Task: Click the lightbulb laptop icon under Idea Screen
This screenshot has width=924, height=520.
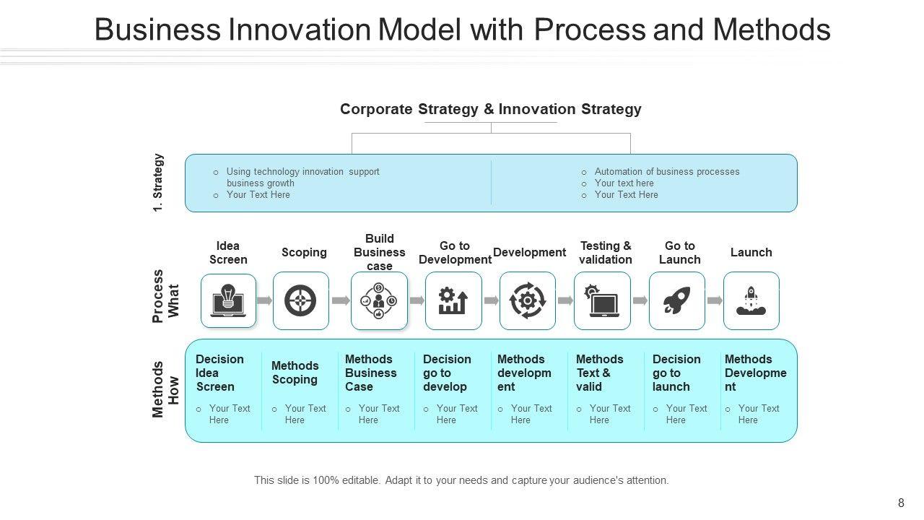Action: pyautogui.click(x=228, y=300)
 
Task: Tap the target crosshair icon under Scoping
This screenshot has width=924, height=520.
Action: pyautogui.click(x=300, y=300)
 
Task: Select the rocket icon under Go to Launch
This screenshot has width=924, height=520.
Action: pyautogui.click(x=676, y=300)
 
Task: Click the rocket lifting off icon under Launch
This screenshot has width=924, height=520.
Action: pyautogui.click(x=751, y=301)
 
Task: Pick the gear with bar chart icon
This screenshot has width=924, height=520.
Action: pyautogui.click(x=453, y=301)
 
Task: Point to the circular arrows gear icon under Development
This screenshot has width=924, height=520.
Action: pyautogui.click(x=528, y=300)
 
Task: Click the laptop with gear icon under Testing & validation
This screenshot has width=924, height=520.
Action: pyautogui.click(x=602, y=301)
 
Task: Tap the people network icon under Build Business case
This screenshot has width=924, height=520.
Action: pyautogui.click(x=379, y=301)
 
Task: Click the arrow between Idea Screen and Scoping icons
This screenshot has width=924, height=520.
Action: pyautogui.click(x=264, y=300)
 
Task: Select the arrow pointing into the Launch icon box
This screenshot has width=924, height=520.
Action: pyautogui.click(x=715, y=300)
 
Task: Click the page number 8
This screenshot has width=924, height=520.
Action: pyautogui.click(x=901, y=503)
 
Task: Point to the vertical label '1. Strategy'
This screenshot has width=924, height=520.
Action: pyautogui.click(x=158, y=183)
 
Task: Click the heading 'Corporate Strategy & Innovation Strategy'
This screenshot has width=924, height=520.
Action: pyautogui.click(x=490, y=109)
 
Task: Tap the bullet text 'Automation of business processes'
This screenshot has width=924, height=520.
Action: pyautogui.click(x=666, y=171)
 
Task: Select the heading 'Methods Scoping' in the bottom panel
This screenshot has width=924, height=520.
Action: pyautogui.click(x=295, y=372)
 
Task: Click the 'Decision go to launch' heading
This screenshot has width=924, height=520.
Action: pyautogui.click(x=676, y=373)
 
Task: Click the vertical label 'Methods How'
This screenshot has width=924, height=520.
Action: pyautogui.click(x=165, y=389)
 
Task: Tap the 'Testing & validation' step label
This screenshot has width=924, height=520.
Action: pyautogui.click(x=606, y=253)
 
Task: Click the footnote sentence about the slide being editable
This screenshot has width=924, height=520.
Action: pyautogui.click(x=461, y=480)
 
